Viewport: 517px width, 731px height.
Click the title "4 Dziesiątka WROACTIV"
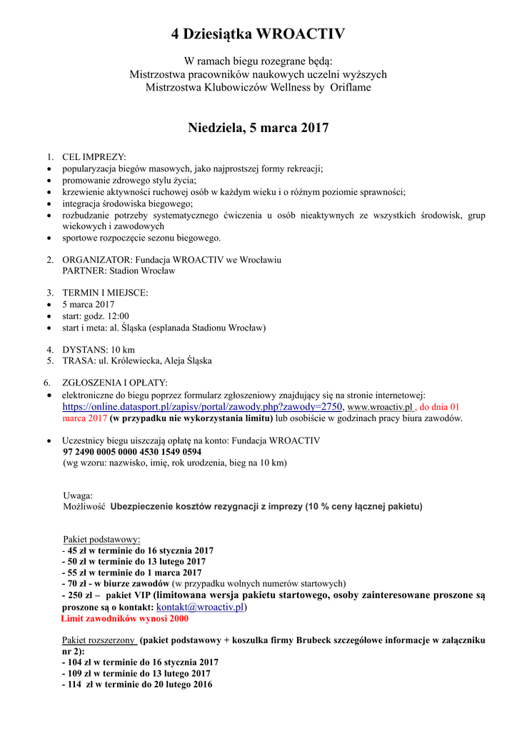pyautogui.click(x=258, y=34)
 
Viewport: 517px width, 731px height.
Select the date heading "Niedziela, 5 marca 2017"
pyautogui.click(x=258, y=128)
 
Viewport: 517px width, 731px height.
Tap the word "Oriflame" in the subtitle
pyautogui.click(x=351, y=87)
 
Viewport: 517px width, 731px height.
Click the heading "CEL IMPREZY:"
pyautogui.click(x=94, y=157)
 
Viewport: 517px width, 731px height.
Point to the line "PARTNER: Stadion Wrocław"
pyautogui.click(x=119, y=271)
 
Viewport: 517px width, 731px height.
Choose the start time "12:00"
pyautogui.click(x=117, y=316)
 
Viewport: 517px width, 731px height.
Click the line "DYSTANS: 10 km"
pyautogui.click(x=99, y=350)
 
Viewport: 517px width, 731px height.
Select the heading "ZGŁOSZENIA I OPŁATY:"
pyautogui.click(x=115, y=383)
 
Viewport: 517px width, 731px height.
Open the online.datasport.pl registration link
pyautogui.click(x=203, y=407)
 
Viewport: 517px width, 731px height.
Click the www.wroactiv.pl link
pyautogui.click(x=380, y=407)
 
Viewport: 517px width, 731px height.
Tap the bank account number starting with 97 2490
pyautogui.click(x=132, y=452)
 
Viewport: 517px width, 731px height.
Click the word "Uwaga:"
pyautogui.click(x=78, y=495)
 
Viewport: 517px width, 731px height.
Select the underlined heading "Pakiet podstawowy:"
pyautogui.click(x=102, y=539)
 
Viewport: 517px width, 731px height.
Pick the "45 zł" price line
pyautogui.click(x=140, y=550)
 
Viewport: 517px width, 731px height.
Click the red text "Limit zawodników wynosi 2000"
pyautogui.click(x=125, y=618)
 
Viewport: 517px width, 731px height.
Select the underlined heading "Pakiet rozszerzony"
pyautogui.click(x=99, y=640)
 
